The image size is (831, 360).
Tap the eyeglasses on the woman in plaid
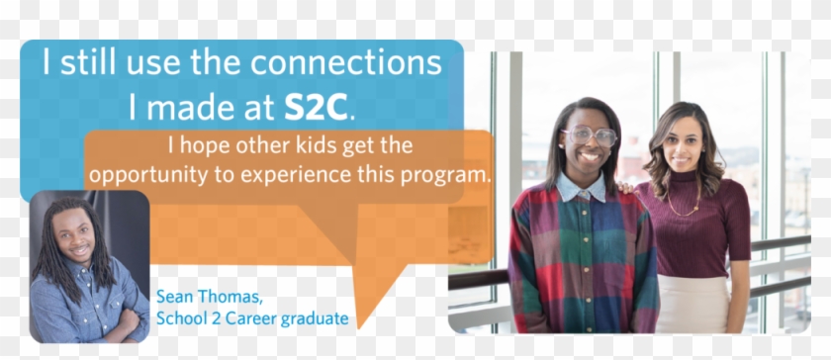590,135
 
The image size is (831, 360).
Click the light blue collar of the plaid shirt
584,186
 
